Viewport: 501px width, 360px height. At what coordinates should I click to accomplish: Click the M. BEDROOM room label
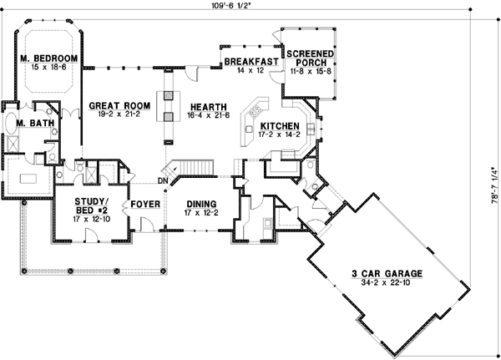pos(49,58)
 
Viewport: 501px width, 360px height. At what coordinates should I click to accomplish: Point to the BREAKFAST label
pos(250,61)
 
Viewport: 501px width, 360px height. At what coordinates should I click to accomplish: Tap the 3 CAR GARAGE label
pos(385,272)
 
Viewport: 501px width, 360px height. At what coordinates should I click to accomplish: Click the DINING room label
pos(202,203)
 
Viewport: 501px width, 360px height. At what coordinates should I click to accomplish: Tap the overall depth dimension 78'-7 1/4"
pos(493,185)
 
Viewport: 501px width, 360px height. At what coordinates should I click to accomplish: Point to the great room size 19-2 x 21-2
pos(114,116)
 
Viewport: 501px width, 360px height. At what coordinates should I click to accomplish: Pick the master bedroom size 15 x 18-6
pos(49,66)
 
